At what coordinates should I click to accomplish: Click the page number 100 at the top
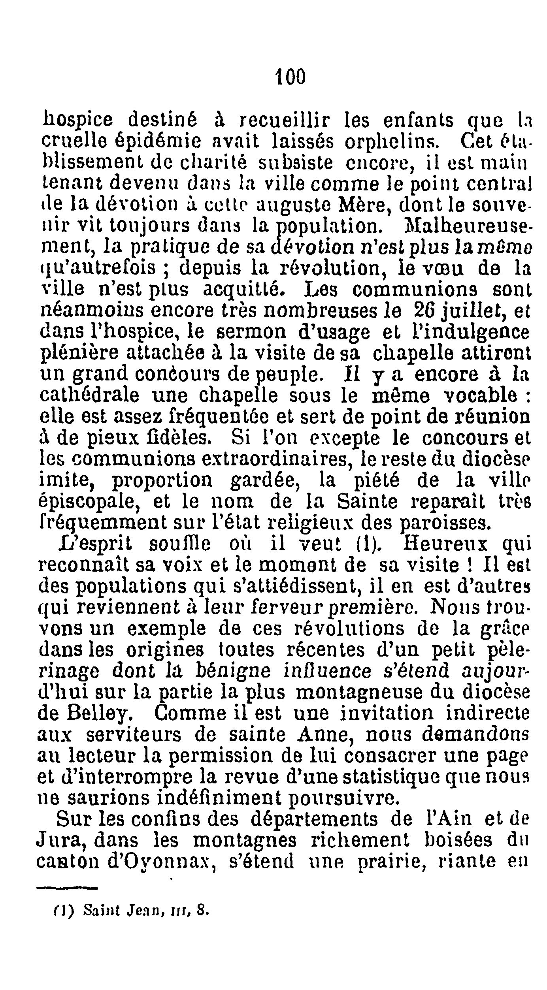click(x=290, y=76)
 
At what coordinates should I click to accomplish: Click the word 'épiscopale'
click(x=90, y=502)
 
